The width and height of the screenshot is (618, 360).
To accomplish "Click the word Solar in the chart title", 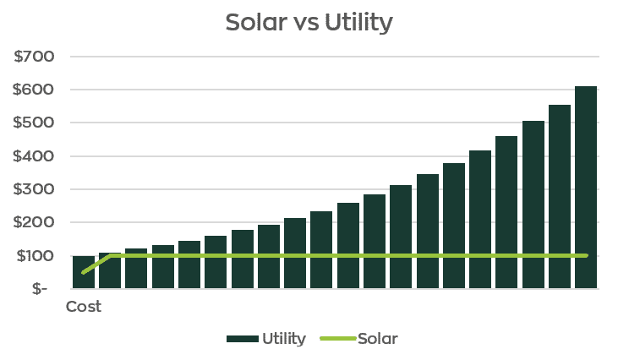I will coord(257,23).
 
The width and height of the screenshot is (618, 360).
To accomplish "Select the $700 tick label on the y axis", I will coord(34,57).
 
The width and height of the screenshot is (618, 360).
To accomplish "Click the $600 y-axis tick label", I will coord(34,90).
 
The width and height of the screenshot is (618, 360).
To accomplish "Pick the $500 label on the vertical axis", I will coord(34,123).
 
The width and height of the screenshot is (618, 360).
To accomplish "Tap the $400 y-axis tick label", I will coord(34,156).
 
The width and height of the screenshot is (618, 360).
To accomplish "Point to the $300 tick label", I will coord(34,189).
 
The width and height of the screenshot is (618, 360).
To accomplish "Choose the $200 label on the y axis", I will coord(34,222).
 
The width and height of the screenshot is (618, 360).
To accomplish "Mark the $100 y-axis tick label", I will coord(34,256).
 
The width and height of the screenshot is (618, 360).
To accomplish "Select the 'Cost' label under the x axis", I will coord(84,307).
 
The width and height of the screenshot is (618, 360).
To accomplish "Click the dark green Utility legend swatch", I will coord(242,339).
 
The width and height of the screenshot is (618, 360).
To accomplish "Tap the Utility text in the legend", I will coord(284,339).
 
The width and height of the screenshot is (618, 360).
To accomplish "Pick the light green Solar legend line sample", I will coord(337,339).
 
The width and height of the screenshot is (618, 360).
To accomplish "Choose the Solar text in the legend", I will coord(377,339).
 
